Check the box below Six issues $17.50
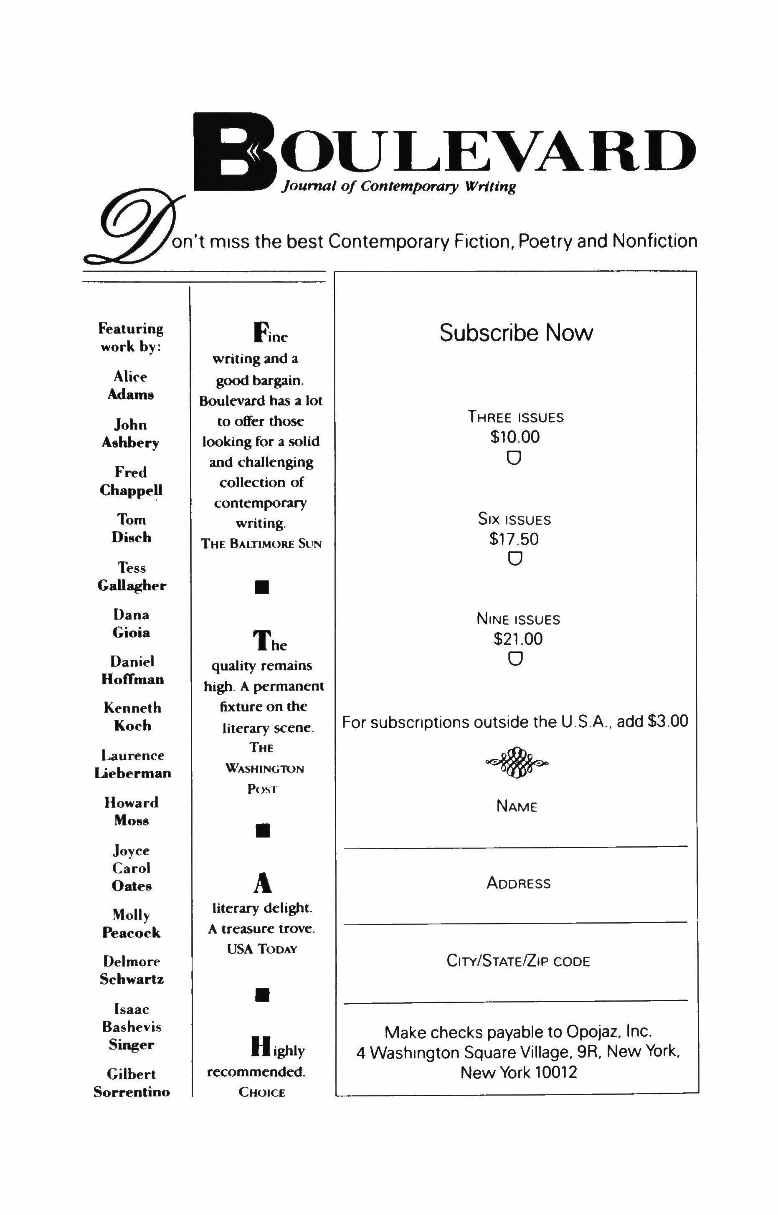[x=515, y=559]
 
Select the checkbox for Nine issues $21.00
[x=515, y=659]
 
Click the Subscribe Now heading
[x=516, y=333]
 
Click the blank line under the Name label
[x=516, y=847]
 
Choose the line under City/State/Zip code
[x=516, y=1001]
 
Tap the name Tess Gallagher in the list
[x=132, y=577]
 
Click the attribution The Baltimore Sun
[x=261, y=544]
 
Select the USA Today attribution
[x=262, y=949]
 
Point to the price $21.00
[x=518, y=639]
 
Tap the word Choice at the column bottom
[x=262, y=1092]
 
